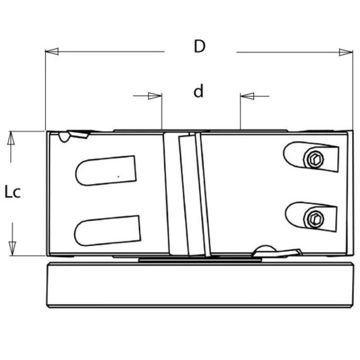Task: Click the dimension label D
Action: coord(199,46)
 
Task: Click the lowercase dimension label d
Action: coord(198,91)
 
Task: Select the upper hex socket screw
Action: coord(315,159)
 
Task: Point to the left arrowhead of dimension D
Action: coord(51,51)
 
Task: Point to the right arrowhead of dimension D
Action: coord(346,51)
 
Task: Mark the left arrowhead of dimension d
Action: coord(156,95)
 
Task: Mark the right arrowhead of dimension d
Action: coord(246,95)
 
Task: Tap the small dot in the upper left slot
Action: coord(118,176)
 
